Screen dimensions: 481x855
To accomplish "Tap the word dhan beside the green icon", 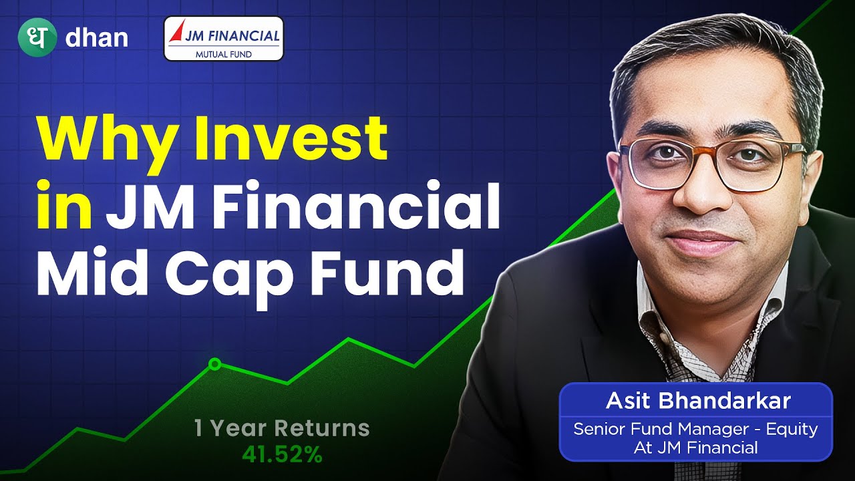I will tap(96, 38).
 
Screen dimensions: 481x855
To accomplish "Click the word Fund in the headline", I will tap(387, 274).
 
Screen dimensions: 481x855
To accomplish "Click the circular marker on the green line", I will tap(214, 364).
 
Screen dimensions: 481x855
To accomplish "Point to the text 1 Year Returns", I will tap(281, 428).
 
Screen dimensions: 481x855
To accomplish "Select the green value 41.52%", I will tap(282, 456).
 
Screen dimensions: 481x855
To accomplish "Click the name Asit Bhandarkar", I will tap(698, 402).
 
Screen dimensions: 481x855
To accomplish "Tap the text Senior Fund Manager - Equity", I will tap(695, 429).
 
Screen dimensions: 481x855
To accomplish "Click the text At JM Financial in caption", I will tap(695, 448).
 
